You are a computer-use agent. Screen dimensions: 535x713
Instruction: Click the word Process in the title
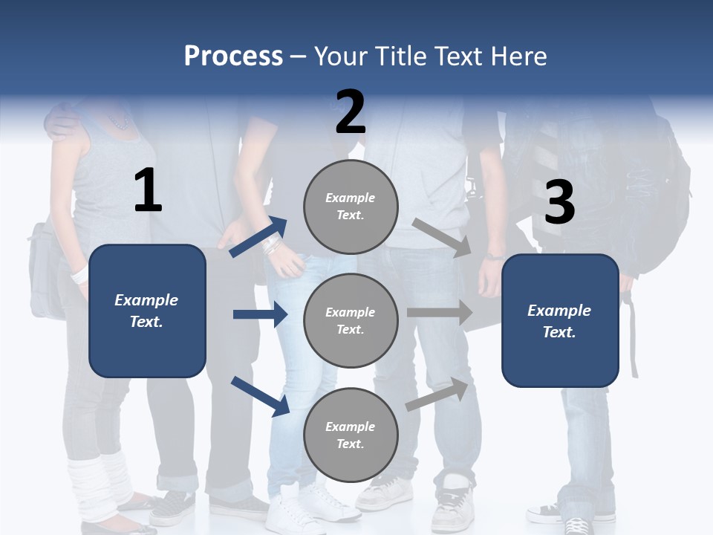pos(233,56)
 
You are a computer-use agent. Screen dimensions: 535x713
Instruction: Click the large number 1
pos(148,192)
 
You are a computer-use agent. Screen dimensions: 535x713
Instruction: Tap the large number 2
pos(351,112)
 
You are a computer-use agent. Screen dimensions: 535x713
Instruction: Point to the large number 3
pos(560,203)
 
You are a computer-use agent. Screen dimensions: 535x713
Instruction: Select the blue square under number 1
pos(147,311)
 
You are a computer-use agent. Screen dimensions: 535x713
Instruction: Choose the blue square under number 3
pos(560,320)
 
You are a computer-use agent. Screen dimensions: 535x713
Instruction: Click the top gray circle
pos(351,206)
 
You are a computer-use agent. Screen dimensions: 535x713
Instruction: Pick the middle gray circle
pos(351,320)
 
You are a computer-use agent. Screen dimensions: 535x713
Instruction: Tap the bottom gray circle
pos(351,435)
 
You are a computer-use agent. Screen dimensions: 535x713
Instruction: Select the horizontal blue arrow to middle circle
pos(260,314)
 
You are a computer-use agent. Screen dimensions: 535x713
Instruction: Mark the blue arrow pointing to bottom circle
pos(260,396)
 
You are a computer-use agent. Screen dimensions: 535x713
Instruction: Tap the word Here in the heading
pos(521,56)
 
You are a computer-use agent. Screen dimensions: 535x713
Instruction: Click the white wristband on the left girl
pos(78,276)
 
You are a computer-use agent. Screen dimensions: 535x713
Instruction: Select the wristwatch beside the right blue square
pos(494,255)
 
